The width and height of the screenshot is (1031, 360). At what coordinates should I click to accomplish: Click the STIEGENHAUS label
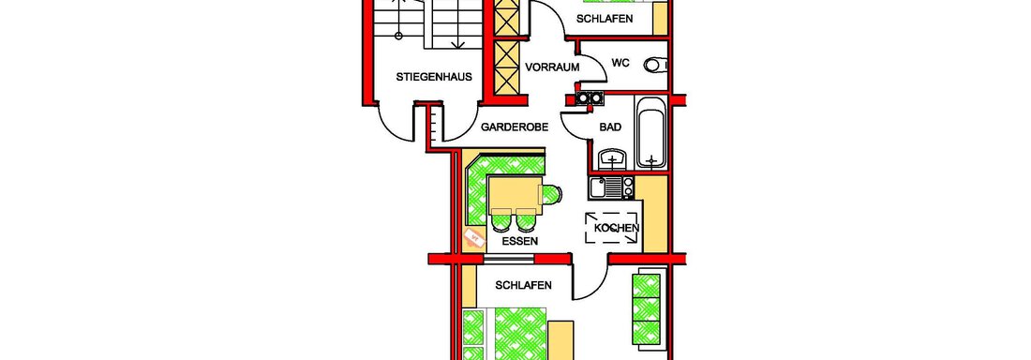(x=425, y=76)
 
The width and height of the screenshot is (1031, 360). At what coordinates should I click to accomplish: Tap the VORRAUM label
(x=552, y=67)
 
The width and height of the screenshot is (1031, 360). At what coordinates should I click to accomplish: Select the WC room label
(x=620, y=63)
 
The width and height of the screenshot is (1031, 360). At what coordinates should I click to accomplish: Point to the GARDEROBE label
(x=515, y=127)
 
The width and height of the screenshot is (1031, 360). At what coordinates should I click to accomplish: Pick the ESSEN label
(x=519, y=241)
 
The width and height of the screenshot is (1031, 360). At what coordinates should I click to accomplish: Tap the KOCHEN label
(x=616, y=228)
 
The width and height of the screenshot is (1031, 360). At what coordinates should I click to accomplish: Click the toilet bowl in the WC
(x=655, y=65)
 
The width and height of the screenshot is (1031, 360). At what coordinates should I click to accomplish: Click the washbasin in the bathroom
(x=613, y=158)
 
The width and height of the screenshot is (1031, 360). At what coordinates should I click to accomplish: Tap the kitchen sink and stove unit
(x=612, y=187)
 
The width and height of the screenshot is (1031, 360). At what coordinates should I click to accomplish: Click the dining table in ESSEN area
(x=515, y=195)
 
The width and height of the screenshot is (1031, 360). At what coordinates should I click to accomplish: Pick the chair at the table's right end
(x=550, y=195)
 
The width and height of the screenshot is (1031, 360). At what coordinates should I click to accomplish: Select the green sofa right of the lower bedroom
(x=647, y=307)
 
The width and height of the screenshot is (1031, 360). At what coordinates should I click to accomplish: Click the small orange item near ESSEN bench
(x=471, y=236)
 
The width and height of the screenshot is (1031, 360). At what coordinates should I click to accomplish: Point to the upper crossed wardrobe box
(x=507, y=17)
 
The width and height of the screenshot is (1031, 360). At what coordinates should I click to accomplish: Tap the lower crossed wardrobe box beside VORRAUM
(x=507, y=68)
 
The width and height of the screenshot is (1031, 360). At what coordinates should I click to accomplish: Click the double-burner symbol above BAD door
(x=590, y=98)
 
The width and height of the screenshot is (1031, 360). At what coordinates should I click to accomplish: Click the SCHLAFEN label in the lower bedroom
(x=523, y=285)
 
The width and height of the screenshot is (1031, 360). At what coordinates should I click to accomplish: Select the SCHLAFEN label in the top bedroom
(x=605, y=19)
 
